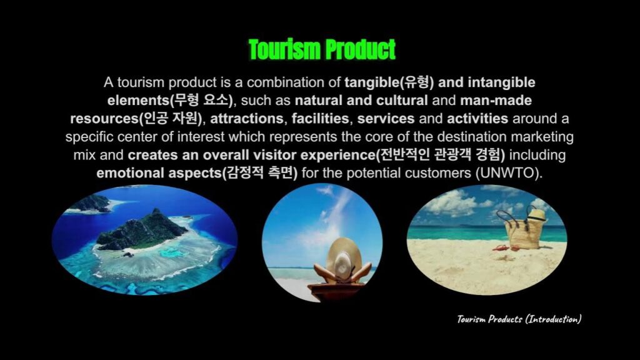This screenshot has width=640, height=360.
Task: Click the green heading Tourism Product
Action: [322, 49]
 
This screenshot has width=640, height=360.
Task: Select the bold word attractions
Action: [246, 118]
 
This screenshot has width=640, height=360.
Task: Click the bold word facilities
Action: [320, 118]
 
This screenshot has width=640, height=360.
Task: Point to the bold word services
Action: [386, 118]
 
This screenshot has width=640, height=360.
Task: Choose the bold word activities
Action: [477, 118]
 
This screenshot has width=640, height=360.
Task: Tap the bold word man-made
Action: [496, 101]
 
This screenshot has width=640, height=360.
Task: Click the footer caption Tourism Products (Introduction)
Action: [519, 319]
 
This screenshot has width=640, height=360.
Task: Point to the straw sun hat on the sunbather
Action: [343, 259]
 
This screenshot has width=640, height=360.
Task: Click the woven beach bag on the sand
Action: [523, 231]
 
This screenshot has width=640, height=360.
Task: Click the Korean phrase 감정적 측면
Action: [259, 173]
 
